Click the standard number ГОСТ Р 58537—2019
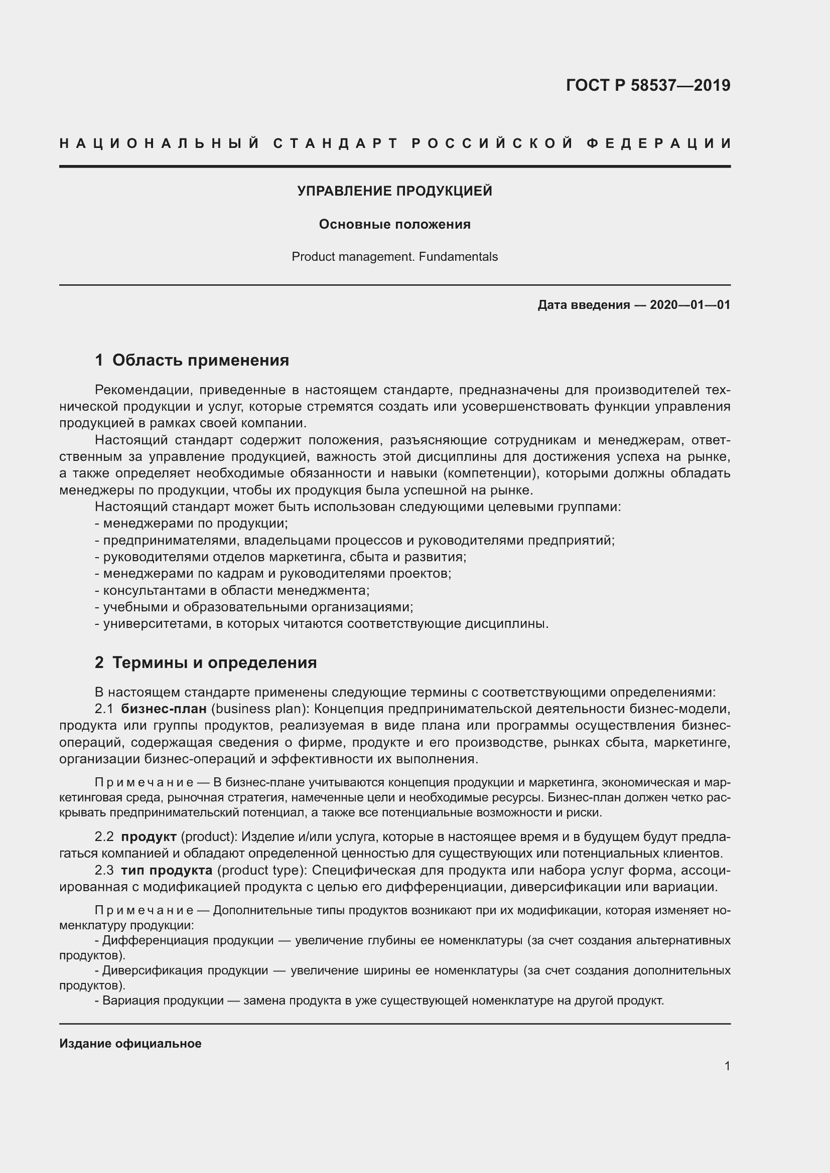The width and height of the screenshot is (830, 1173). (x=647, y=85)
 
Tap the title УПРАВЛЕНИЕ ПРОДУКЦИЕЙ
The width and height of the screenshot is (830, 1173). (x=394, y=191)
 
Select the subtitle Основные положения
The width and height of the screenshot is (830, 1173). (x=394, y=224)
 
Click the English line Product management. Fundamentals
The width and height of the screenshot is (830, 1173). (x=394, y=256)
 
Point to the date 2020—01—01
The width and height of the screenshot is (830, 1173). (x=689, y=305)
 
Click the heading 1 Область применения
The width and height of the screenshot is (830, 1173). (x=192, y=360)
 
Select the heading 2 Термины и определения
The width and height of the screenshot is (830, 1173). (x=205, y=662)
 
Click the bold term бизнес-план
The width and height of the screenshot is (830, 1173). (x=164, y=709)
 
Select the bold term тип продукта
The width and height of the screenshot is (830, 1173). (x=167, y=870)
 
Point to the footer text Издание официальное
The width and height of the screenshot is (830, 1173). (x=130, y=1043)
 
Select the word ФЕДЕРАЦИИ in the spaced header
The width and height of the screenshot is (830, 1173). (x=658, y=143)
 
